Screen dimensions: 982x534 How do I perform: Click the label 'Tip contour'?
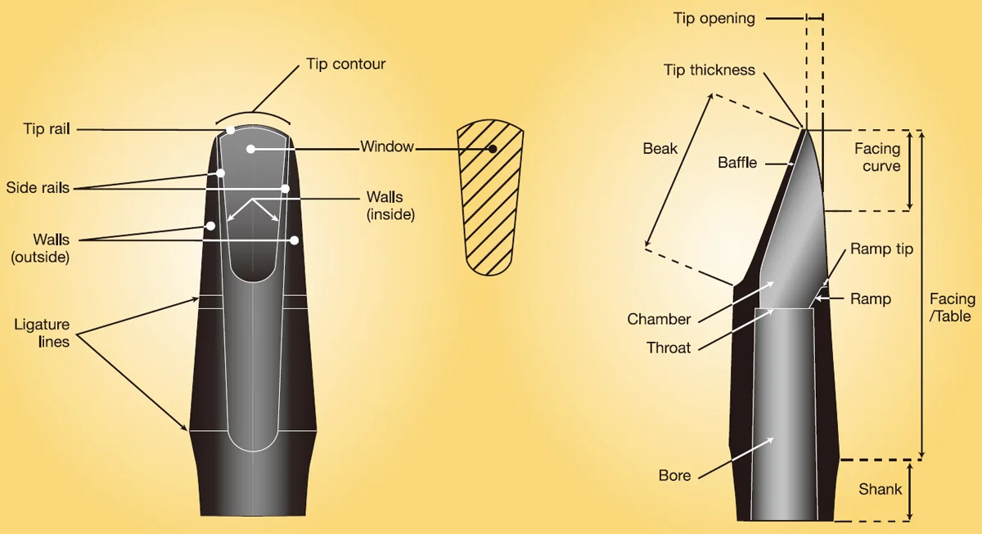click(x=345, y=64)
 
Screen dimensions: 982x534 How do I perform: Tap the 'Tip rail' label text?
click(x=47, y=128)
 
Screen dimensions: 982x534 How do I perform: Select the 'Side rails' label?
click(x=38, y=187)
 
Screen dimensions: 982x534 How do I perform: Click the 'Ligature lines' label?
click(x=42, y=333)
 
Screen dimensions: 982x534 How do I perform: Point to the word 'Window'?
click(x=387, y=146)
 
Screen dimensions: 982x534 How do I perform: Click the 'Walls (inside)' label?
click(x=390, y=205)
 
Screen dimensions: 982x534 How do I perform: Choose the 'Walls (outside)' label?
click(x=40, y=248)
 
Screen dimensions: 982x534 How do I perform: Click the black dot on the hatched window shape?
click(x=493, y=149)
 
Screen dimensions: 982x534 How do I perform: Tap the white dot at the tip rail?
click(x=231, y=130)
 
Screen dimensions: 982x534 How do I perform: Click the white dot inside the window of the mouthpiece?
click(x=250, y=149)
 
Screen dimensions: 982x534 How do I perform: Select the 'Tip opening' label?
click(x=714, y=18)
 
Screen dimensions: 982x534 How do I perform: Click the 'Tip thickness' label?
click(x=709, y=70)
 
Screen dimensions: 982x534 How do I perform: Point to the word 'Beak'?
click(x=660, y=149)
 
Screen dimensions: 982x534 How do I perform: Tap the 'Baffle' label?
click(x=737, y=163)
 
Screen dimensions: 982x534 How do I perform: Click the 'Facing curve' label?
click(x=877, y=157)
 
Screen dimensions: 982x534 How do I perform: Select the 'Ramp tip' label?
click(x=881, y=249)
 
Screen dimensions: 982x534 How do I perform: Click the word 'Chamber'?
click(x=659, y=319)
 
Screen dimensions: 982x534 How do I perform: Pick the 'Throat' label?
click(x=669, y=348)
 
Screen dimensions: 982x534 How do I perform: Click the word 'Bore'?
click(x=674, y=475)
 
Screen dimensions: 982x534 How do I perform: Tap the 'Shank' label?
click(x=881, y=489)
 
